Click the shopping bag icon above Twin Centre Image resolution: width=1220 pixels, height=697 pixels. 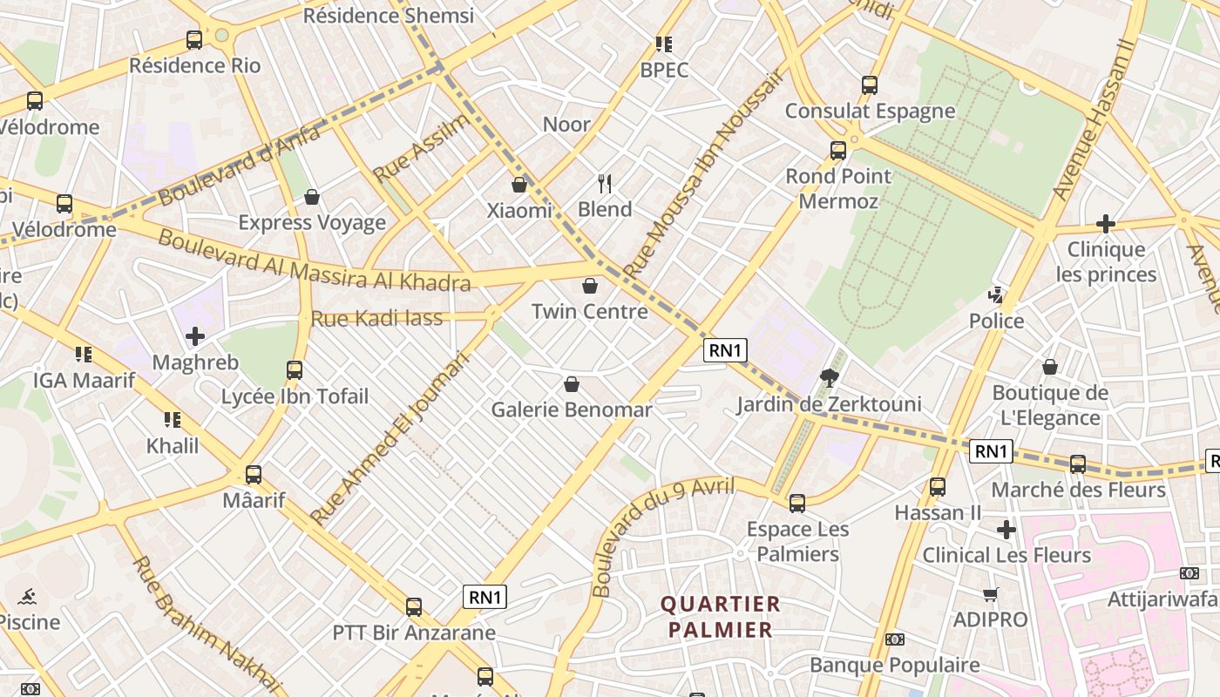(x=590, y=286)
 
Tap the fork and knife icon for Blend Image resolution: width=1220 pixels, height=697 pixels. (x=605, y=183)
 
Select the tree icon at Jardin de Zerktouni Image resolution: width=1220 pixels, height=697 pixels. (x=829, y=377)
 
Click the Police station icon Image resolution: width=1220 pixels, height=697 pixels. (x=996, y=295)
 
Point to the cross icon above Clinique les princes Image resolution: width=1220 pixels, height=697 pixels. (x=1106, y=224)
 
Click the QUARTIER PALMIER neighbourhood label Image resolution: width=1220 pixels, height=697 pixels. (x=720, y=617)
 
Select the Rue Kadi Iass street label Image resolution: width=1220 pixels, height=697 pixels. (x=376, y=319)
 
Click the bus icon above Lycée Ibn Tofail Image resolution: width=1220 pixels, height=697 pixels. (x=295, y=370)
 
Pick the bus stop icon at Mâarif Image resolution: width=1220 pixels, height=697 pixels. (x=254, y=475)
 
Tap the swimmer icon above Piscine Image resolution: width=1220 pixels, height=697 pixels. (x=28, y=597)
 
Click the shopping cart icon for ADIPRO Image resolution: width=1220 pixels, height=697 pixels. (x=990, y=594)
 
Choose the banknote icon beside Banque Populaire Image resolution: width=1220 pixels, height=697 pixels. (x=895, y=639)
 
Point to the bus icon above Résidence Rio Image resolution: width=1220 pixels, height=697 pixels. (x=194, y=40)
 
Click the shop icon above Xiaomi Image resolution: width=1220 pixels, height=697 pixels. (x=519, y=185)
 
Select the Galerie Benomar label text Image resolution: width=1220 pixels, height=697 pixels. (x=572, y=409)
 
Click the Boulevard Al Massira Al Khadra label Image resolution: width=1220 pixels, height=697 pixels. (x=314, y=261)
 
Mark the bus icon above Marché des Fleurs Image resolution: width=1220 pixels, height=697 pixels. (x=1078, y=464)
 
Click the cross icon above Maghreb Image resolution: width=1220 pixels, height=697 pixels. (x=195, y=336)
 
